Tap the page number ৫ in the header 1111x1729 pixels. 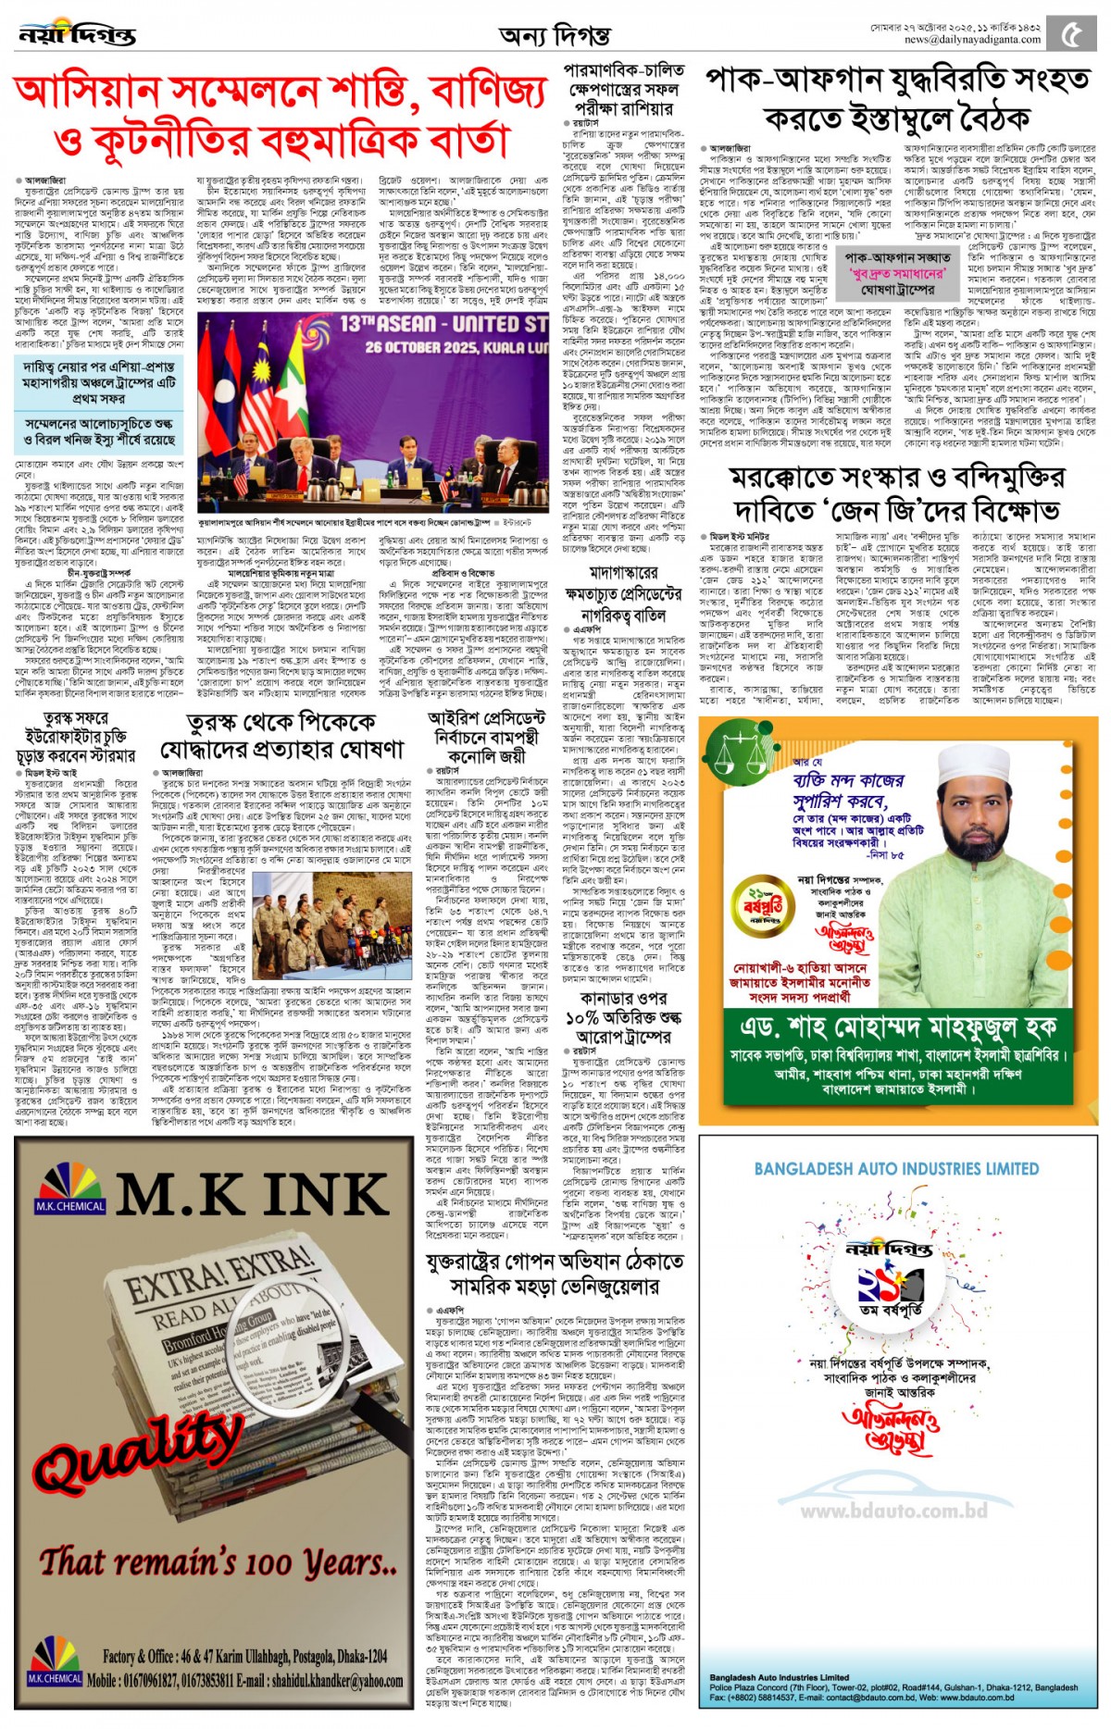tap(1071, 35)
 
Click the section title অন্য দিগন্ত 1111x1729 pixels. tap(554, 36)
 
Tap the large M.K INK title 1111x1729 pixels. tap(252, 1195)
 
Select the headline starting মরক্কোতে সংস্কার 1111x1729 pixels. tap(896, 493)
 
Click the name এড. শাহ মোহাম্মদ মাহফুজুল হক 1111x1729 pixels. tap(897, 1026)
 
